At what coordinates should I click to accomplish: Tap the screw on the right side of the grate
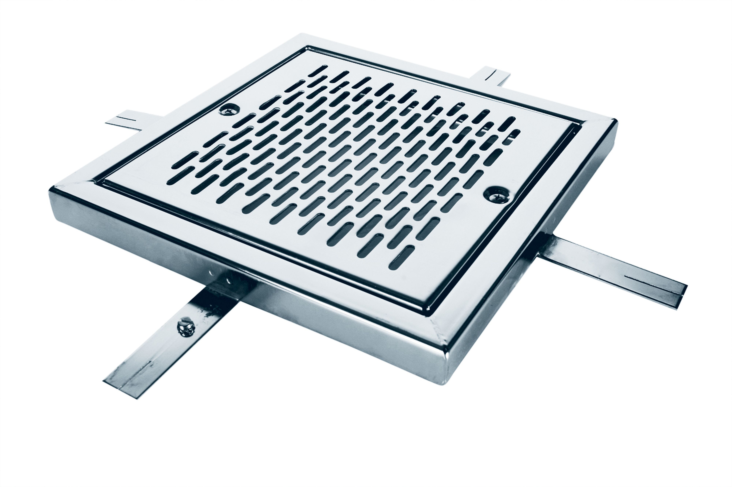496,195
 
